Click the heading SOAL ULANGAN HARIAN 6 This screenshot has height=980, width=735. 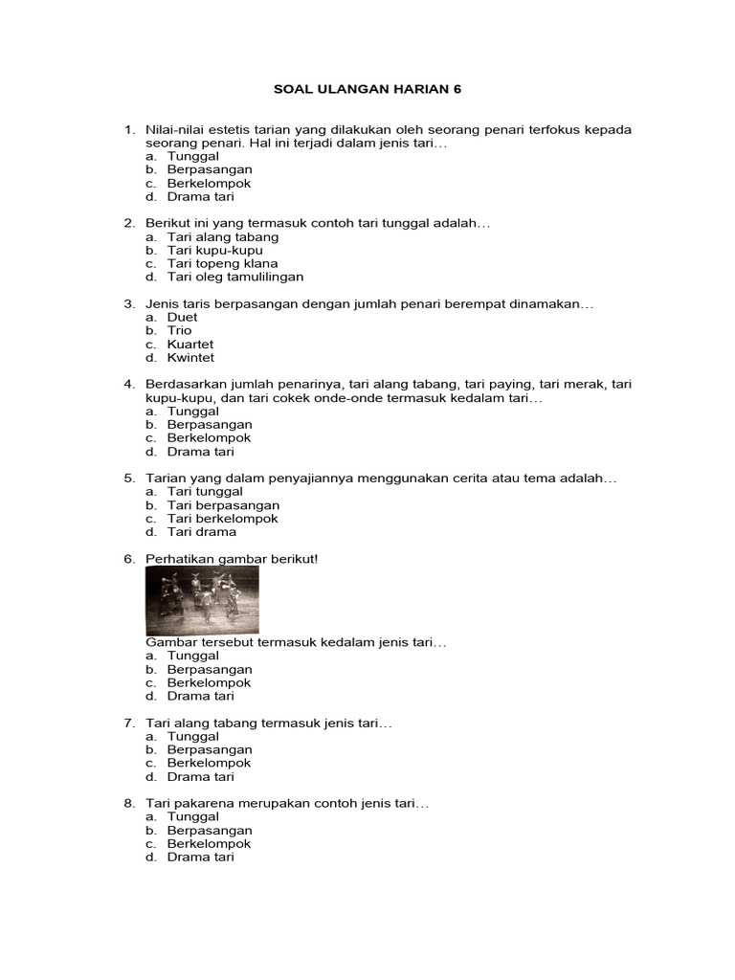[367, 89]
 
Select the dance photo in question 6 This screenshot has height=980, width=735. [202, 600]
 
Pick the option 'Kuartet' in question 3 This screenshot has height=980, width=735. [190, 344]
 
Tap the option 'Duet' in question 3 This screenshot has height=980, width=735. [182, 317]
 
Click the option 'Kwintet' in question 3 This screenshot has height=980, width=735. [190, 357]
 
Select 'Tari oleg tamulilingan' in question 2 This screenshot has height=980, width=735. [234, 277]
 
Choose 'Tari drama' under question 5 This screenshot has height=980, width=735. [201, 531]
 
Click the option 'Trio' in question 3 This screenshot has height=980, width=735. [179, 330]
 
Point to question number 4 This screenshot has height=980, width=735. [128, 384]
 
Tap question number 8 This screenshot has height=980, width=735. [128, 804]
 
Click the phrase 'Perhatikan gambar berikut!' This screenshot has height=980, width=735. [231, 558]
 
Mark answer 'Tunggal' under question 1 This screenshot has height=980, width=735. [192, 156]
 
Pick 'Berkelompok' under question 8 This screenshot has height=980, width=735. [209, 844]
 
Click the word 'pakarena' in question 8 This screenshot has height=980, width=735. [199, 804]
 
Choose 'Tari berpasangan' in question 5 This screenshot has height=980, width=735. [223, 504]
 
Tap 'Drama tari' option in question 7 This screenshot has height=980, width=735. [200, 777]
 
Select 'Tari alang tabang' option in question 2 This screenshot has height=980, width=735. [223, 236]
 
